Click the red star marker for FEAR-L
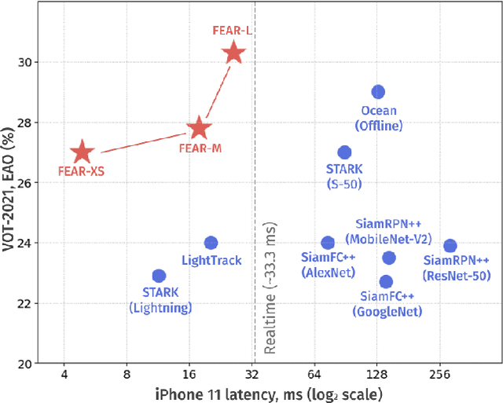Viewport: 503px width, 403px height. coord(233,53)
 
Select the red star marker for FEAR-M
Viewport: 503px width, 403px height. coord(199,128)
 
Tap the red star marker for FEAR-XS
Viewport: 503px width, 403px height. coord(82,152)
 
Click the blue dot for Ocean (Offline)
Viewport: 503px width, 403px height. coord(378,92)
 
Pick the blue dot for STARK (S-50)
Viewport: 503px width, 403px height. coord(344,152)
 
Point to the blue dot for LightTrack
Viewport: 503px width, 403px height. coord(211,243)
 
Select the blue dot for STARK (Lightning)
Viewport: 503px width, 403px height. coord(159,276)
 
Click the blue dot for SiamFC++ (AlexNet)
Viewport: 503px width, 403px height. coord(328,243)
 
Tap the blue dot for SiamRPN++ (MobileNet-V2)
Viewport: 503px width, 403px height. coord(388,258)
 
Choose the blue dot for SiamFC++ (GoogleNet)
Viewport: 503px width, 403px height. coord(386,281)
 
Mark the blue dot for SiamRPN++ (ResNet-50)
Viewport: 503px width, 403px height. coord(450,246)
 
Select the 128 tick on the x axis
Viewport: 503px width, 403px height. coord(376,374)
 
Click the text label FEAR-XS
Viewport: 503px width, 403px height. coord(81,170)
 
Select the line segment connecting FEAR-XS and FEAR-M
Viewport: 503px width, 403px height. coord(141,143)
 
